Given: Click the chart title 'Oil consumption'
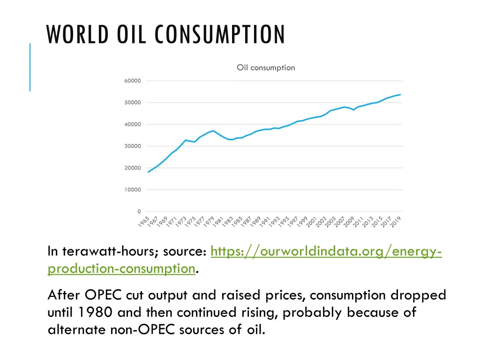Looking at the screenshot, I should point(266,67).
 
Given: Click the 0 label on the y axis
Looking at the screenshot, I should point(139,211).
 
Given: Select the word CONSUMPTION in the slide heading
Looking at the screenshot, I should point(220,35).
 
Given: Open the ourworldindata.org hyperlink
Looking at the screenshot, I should point(326,252).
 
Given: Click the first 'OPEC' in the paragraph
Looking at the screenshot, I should point(103,295).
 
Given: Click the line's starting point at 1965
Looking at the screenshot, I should point(149,172).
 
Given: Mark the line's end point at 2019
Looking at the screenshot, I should point(401,94).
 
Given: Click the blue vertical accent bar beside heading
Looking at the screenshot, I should point(30,67).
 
